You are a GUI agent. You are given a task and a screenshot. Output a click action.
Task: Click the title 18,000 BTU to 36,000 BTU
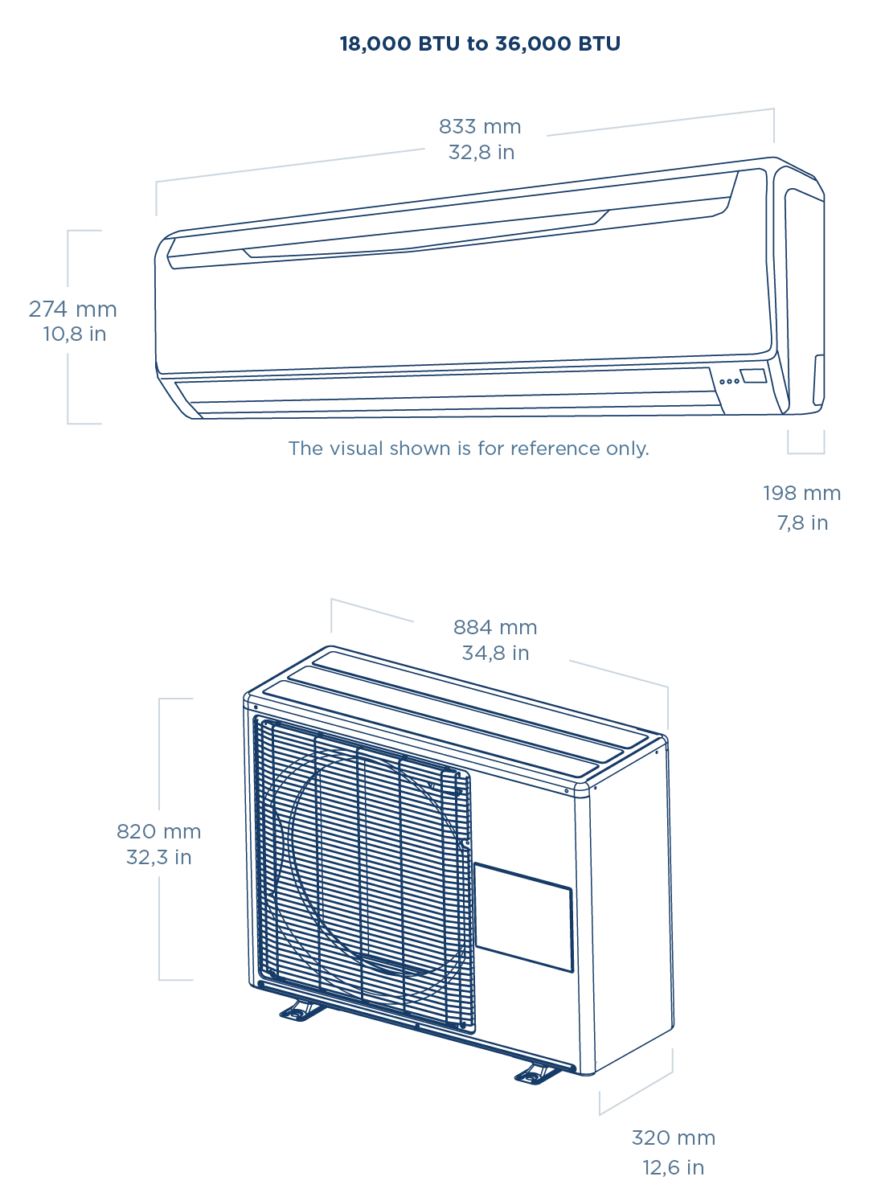click(x=480, y=43)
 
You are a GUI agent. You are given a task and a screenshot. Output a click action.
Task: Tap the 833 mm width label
click(x=480, y=126)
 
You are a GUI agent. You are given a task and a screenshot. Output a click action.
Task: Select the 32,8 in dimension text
click(x=481, y=152)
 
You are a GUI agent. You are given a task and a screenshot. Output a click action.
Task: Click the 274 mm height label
click(x=73, y=309)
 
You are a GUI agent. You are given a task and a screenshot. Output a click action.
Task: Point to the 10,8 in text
click(x=75, y=334)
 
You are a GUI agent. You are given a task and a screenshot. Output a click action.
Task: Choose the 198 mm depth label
click(x=801, y=493)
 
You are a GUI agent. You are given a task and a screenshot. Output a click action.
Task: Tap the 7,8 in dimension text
click(x=802, y=523)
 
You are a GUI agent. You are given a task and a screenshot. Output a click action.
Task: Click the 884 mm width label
click(x=495, y=627)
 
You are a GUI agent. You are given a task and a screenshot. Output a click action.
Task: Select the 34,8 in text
click(x=495, y=653)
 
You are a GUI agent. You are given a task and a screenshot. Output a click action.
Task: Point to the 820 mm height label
click(x=158, y=831)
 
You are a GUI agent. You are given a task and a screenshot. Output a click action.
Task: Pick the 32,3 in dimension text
click(x=159, y=857)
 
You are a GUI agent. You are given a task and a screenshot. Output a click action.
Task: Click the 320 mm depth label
click(x=673, y=1138)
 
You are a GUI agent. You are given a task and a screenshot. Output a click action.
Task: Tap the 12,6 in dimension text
click(x=673, y=1167)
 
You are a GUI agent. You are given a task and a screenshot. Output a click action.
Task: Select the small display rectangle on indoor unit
click(x=754, y=375)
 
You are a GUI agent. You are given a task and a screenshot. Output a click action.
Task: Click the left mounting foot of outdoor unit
click(x=300, y=1010)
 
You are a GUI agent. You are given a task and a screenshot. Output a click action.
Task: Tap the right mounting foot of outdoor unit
click(x=535, y=1072)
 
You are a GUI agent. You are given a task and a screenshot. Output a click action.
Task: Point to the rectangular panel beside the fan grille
click(x=524, y=916)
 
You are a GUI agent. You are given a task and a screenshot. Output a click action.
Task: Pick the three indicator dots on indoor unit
click(x=729, y=380)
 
